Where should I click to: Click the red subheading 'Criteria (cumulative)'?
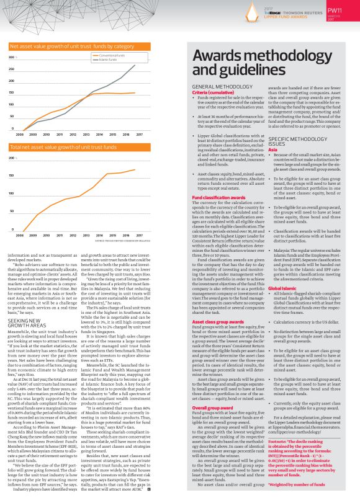point(210,92)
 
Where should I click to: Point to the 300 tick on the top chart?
point(12,57)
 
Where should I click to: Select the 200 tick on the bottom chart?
point(12,159)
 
